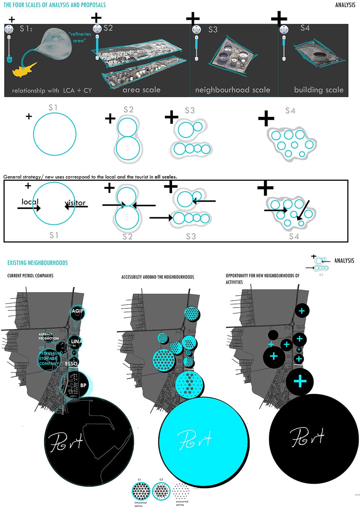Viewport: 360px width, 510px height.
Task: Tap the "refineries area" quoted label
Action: point(80,37)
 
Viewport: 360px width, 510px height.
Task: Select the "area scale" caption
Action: point(141,90)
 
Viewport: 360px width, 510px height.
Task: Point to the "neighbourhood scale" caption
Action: point(233,90)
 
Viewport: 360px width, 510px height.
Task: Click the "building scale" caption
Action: point(319,90)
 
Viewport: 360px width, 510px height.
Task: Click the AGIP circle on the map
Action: point(77,312)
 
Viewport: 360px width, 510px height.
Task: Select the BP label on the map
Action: point(83,385)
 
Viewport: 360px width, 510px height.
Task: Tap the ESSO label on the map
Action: point(71,364)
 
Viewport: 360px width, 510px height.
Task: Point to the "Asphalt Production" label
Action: point(49,336)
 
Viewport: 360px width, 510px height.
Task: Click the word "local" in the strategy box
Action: point(30,202)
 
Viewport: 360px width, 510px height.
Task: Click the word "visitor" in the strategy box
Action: point(75,203)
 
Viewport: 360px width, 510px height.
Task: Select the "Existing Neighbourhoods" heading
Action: point(37,263)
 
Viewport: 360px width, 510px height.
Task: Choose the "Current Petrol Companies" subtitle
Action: point(30,276)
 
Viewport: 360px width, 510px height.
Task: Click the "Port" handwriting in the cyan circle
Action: point(194,439)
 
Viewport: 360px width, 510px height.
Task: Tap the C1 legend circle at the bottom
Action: point(141,491)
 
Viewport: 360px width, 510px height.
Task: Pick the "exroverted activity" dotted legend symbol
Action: point(181,491)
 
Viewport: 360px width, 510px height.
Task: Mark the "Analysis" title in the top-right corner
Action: point(345,5)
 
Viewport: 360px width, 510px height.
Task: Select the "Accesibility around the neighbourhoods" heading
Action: point(157,277)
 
